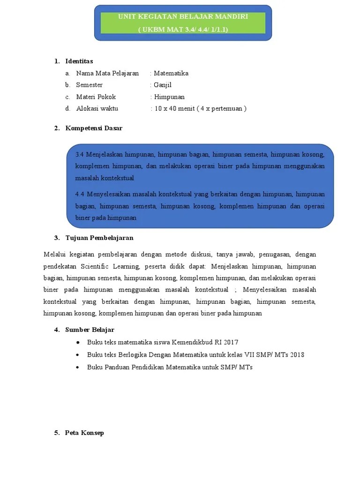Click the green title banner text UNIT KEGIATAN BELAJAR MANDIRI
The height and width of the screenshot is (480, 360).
click(x=183, y=17)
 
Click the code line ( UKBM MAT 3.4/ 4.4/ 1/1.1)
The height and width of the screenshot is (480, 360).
click(x=183, y=30)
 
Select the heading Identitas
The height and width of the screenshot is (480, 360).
click(x=79, y=61)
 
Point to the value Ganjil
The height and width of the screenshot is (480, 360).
click(x=163, y=85)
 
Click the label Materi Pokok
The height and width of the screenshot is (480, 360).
click(x=96, y=97)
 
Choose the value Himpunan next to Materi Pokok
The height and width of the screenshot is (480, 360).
click(x=169, y=97)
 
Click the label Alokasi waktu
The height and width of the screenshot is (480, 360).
click(x=97, y=108)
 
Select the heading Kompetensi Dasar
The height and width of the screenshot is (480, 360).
click(x=94, y=128)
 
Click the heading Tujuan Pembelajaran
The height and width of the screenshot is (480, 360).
click(x=99, y=238)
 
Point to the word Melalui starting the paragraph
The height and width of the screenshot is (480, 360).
click(x=56, y=255)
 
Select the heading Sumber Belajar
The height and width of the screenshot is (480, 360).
click(x=90, y=330)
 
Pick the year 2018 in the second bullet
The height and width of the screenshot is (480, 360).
click(x=297, y=355)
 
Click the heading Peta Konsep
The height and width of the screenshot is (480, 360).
click(x=84, y=433)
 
